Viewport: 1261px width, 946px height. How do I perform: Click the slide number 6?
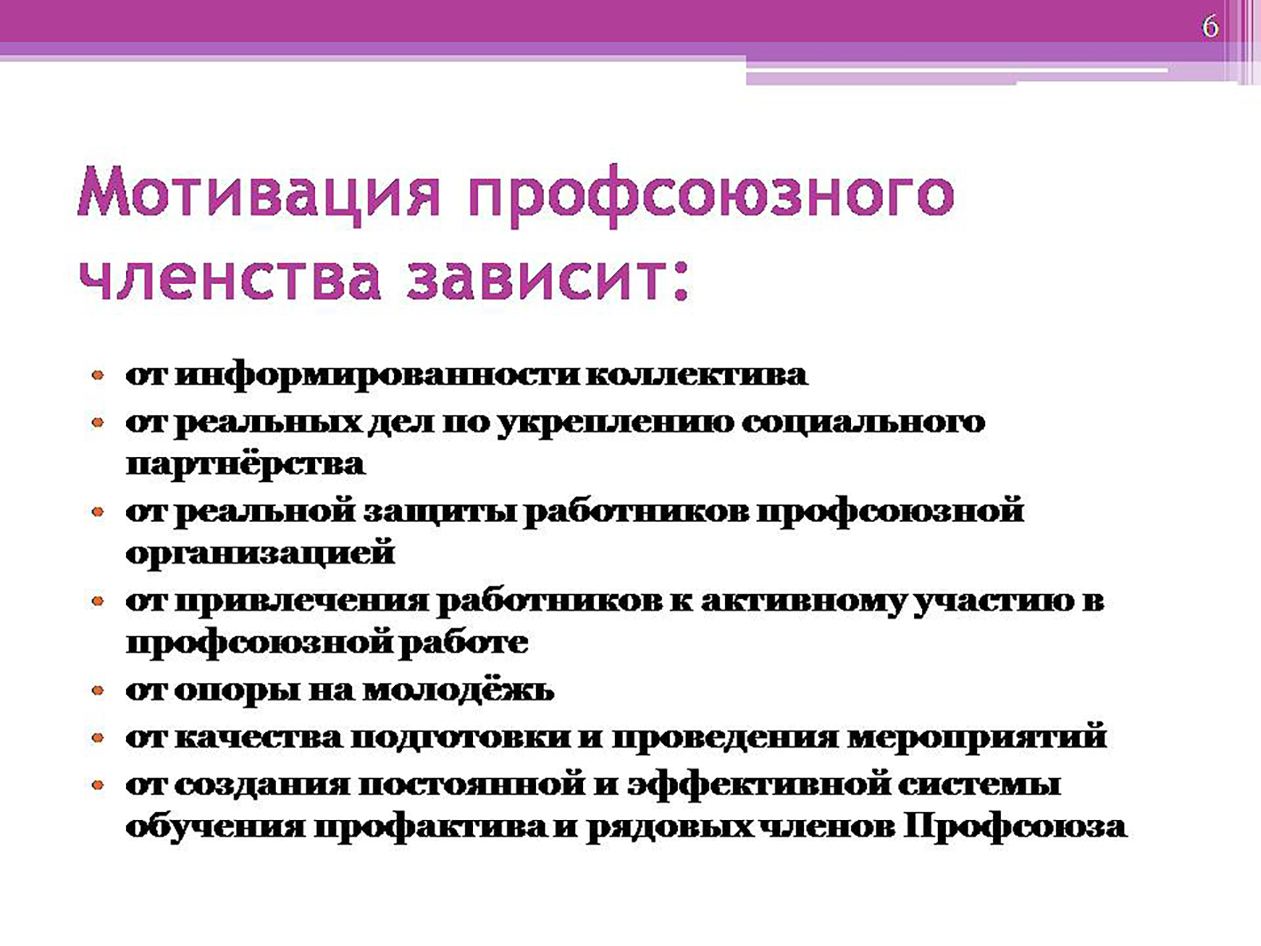click(1210, 27)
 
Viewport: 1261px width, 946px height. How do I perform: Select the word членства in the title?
click(231, 277)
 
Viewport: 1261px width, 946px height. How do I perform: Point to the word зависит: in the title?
click(549, 277)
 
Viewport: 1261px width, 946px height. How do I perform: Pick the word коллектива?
click(697, 375)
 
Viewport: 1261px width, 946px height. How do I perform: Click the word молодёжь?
click(459, 690)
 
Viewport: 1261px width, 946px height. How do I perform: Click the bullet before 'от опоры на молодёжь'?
click(98, 691)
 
